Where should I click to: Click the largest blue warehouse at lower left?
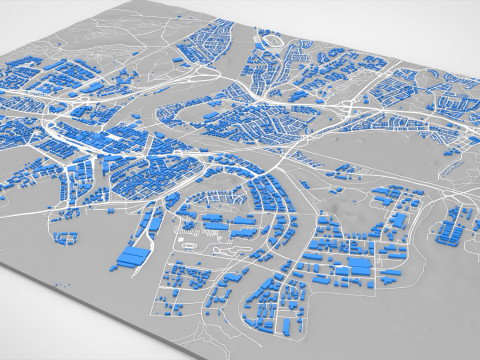point(131,258)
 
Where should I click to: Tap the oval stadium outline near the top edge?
point(271,41)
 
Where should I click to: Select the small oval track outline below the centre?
point(186,240)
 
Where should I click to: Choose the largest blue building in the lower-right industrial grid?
point(352,269)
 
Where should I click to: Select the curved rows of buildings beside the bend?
point(265,195)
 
